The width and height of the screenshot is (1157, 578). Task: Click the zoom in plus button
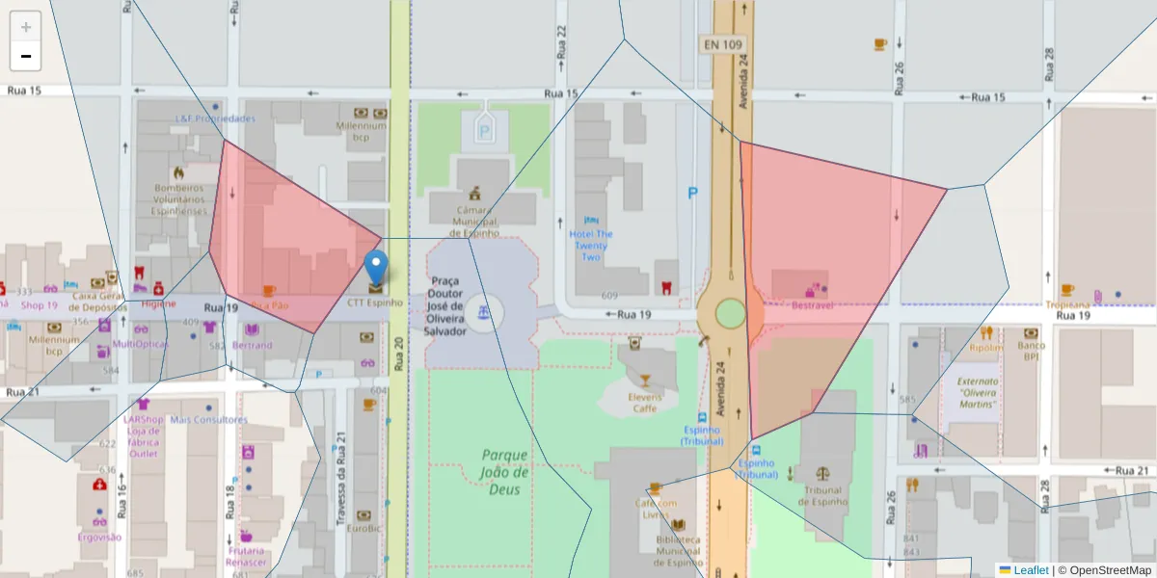[26, 27]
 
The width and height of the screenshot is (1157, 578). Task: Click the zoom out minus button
[26, 56]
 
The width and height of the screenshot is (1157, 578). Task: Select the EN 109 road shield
[723, 44]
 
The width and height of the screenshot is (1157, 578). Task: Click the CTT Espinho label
[375, 302]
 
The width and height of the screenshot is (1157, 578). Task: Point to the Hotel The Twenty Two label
[591, 245]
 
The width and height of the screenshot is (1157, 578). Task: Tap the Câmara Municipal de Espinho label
[472, 221]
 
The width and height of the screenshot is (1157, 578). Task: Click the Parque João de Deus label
[505, 471]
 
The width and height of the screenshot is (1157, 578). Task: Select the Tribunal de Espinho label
[822, 495]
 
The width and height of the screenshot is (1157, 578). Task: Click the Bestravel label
[811, 305]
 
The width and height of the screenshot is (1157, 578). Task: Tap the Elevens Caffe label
[644, 403]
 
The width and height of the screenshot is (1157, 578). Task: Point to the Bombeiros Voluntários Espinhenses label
[178, 199]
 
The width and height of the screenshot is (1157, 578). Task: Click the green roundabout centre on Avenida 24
[730, 313]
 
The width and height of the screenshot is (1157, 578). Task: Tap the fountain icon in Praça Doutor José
[485, 312]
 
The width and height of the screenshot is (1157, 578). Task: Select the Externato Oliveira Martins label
[978, 392]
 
